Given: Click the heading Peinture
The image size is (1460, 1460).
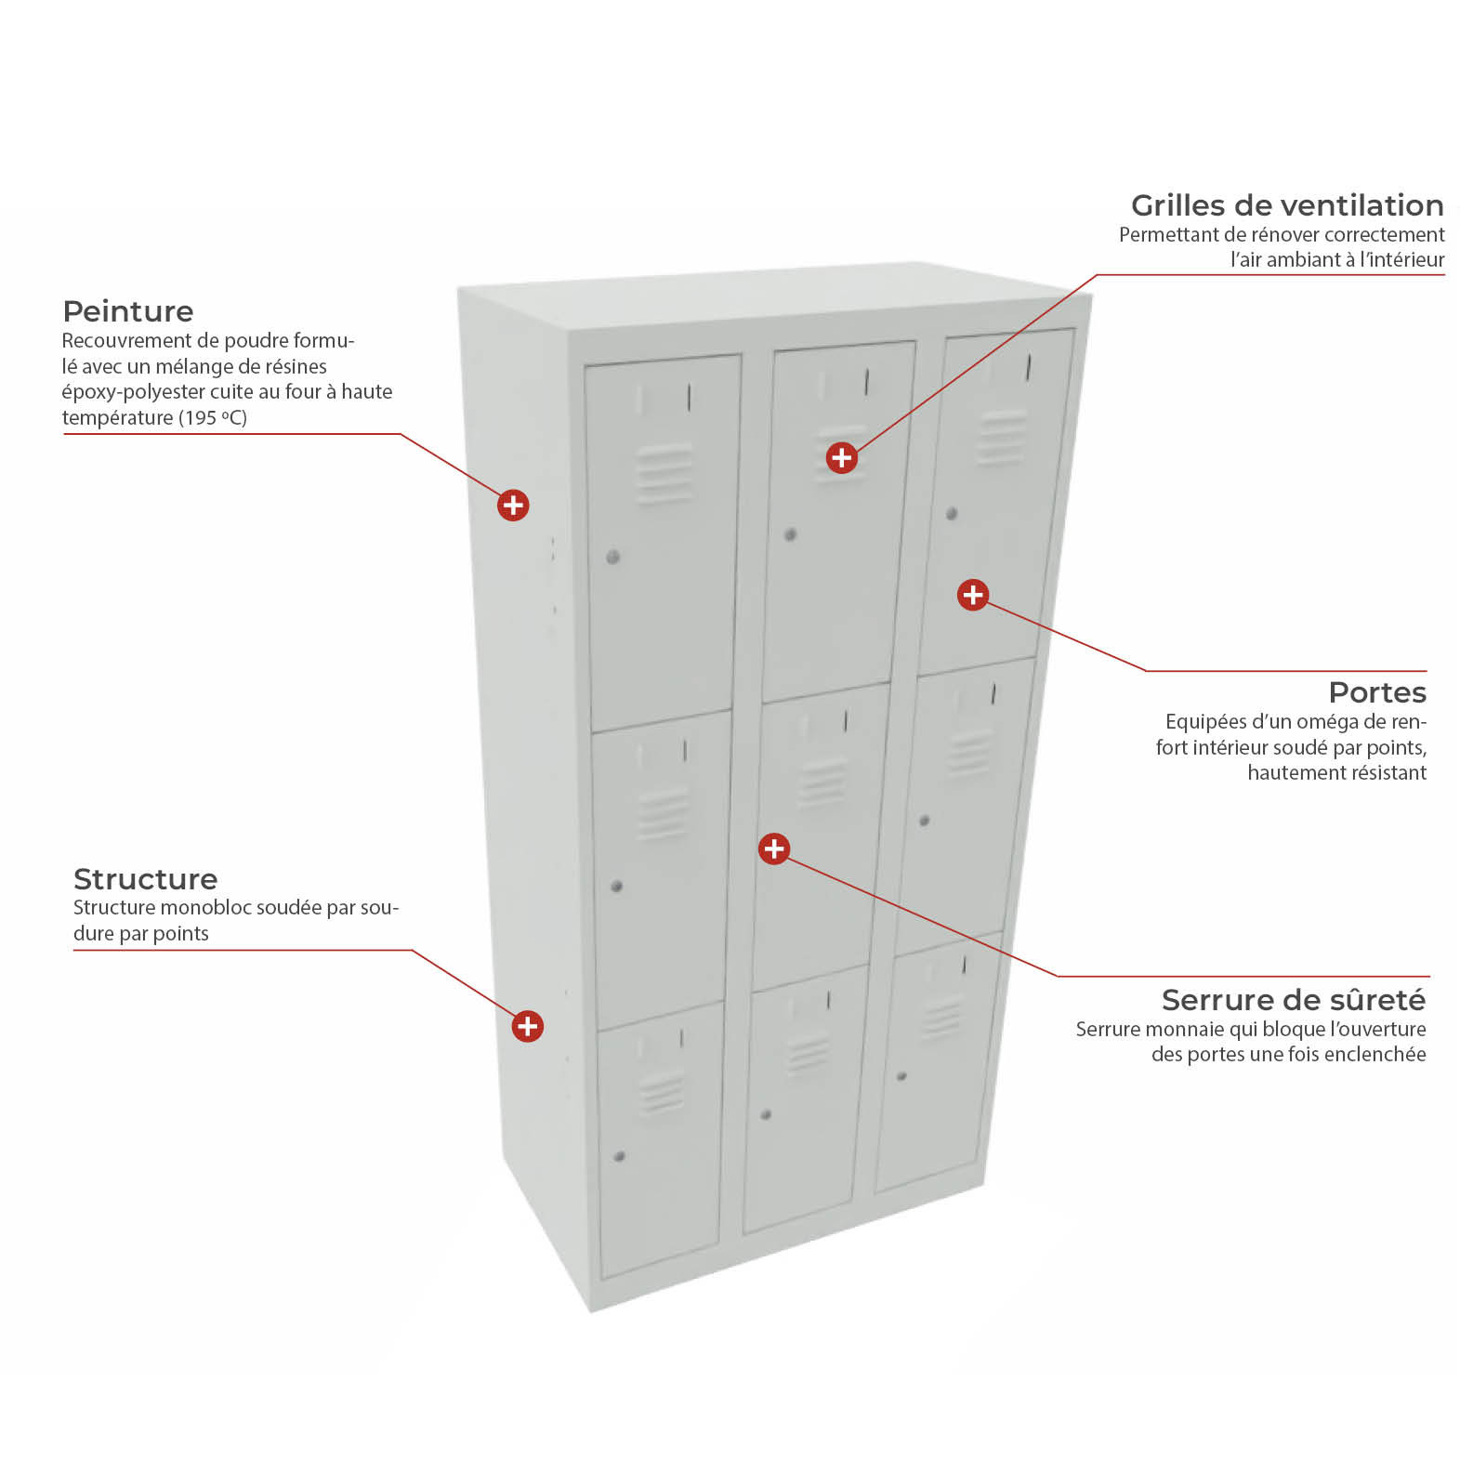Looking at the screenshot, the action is tap(128, 311).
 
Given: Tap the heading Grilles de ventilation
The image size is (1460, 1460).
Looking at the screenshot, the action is tap(1287, 205).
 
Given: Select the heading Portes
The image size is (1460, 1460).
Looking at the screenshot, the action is tap(1377, 692).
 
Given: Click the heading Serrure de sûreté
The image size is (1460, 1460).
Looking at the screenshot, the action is tap(1294, 1000).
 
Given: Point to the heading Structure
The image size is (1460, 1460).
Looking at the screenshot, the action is tap(145, 879).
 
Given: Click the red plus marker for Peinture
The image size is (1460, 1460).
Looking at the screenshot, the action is tap(513, 506).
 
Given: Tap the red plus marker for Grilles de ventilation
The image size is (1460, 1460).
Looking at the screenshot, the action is tap(842, 457).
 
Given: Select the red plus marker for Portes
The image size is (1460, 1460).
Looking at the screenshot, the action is tap(973, 595).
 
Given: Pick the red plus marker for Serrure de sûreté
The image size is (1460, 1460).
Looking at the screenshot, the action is tap(774, 848).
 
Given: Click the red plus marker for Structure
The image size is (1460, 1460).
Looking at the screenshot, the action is tap(528, 1026).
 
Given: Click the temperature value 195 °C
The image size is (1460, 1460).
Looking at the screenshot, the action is tap(215, 417).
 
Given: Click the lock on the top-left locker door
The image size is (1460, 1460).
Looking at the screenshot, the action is tap(612, 557).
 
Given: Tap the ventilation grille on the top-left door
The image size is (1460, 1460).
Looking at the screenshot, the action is tap(664, 474).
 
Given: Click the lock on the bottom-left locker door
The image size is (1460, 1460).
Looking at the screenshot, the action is tap(620, 1156).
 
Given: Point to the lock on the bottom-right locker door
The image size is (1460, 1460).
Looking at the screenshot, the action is tap(901, 1076).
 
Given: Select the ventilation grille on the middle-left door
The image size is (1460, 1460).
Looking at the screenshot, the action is tap(663, 814).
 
